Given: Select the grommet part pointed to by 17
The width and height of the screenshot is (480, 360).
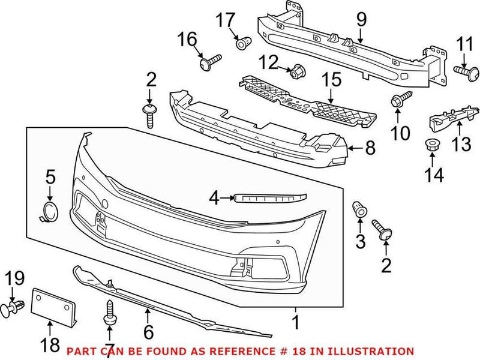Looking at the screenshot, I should (x=242, y=44).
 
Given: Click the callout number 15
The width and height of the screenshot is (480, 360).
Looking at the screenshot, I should (x=331, y=79).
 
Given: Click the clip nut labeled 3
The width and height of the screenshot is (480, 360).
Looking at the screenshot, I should (x=359, y=209).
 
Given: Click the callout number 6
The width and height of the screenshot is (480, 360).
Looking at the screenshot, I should (x=148, y=331).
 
